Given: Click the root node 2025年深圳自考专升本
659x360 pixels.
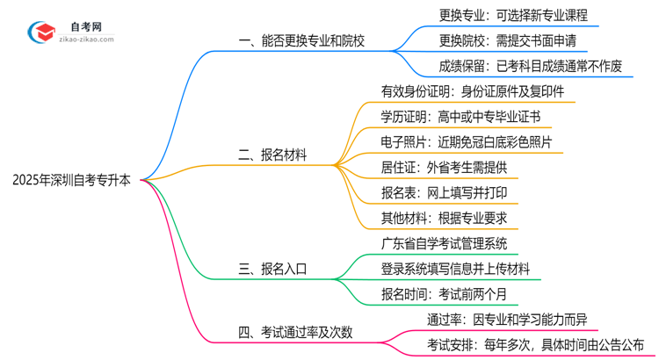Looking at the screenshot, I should click(72, 179).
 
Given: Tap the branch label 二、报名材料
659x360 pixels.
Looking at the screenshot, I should click(273, 155).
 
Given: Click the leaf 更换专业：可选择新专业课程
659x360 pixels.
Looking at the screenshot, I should click(513, 14).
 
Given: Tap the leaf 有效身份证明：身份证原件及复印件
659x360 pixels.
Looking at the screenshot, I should click(472, 90).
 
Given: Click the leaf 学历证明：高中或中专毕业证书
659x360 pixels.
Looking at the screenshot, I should click(460, 116).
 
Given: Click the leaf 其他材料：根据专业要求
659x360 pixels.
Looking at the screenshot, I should click(442, 218).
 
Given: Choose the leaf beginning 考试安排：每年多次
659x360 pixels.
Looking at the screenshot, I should click(536, 344).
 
